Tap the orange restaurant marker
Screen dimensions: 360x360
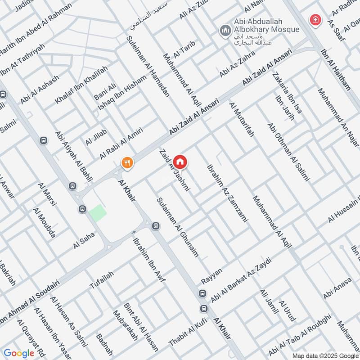pyautogui.click(x=128, y=162)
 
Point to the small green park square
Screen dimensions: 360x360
pyautogui.click(x=98, y=213)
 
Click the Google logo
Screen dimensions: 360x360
pyautogui.click(x=19, y=353)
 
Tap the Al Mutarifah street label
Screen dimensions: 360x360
pyautogui.click(x=242, y=120)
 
